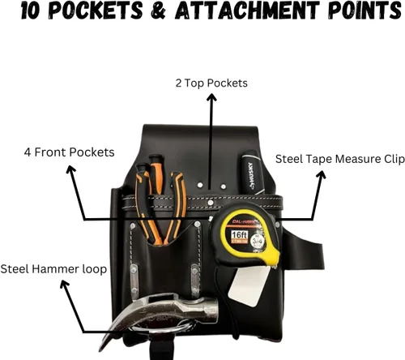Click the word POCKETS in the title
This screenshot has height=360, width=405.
(96, 11)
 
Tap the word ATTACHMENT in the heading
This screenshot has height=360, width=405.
(247, 11)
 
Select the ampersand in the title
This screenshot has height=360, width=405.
(159, 11)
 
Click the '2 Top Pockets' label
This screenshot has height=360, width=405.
(211, 84)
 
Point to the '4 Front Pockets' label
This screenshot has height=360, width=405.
(69, 152)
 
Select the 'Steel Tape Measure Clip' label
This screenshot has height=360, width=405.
(340, 159)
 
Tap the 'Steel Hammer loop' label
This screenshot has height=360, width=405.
(53, 269)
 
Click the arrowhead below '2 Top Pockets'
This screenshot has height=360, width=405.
(211, 97)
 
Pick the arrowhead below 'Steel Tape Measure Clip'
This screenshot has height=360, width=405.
(322, 175)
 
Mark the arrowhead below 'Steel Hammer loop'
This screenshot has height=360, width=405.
(64, 285)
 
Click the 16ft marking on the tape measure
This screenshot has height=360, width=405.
(239, 234)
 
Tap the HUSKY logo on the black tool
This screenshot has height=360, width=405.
(252, 175)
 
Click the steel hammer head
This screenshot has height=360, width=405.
(162, 314)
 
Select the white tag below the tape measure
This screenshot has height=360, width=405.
(248, 286)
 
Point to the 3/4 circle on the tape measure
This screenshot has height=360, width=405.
(257, 241)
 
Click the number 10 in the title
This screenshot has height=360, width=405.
(31, 11)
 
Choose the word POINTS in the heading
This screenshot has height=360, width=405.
(365, 11)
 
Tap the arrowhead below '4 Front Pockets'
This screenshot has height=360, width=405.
(70, 169)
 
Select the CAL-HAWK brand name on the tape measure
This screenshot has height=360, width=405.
(243, 222)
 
